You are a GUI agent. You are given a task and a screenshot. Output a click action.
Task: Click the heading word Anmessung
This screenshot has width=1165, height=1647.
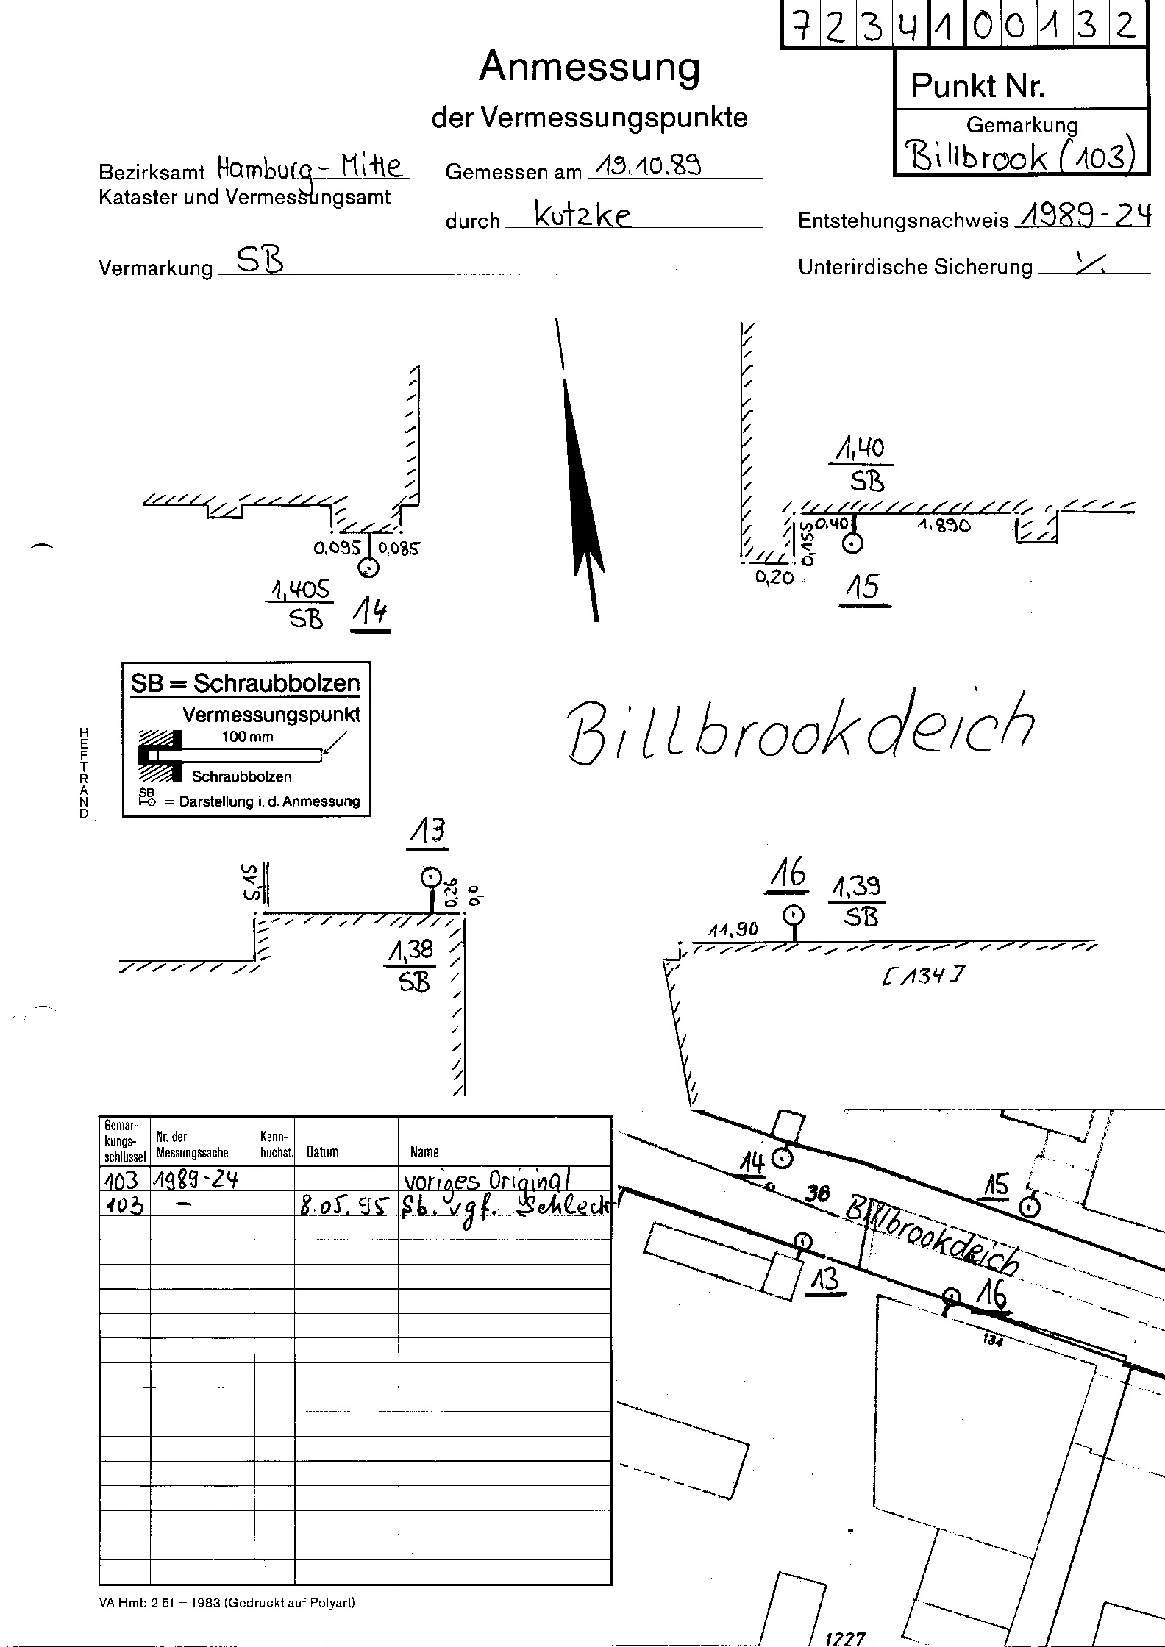[x=589, y=68]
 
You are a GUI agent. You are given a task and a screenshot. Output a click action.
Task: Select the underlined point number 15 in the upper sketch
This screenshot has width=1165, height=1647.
[x=863, y=588]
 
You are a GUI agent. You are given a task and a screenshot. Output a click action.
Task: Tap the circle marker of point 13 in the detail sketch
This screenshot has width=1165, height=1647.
[x=430, y=878]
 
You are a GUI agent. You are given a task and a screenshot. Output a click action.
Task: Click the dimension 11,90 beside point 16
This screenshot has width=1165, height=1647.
[x=733, y=930]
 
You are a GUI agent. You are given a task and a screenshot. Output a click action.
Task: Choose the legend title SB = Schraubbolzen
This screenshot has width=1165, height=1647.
[x=246, y=684]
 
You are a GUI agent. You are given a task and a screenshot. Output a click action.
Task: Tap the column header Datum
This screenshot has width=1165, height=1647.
[x=322, y=1152]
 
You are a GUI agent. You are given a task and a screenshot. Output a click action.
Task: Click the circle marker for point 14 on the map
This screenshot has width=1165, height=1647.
[x=784, y=1160]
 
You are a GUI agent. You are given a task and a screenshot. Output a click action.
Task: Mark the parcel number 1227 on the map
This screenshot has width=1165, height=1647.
[x=845, y=1637]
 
